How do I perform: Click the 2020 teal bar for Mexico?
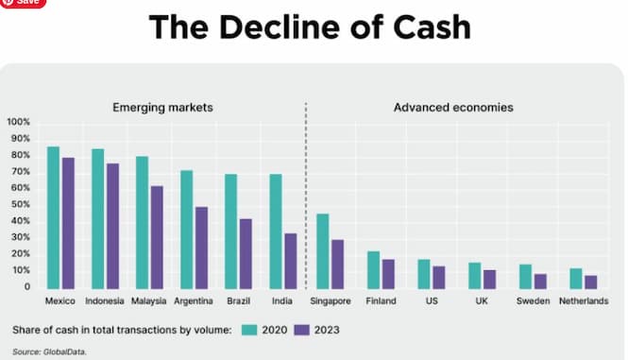(54, 217)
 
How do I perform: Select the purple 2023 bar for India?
(290, 261)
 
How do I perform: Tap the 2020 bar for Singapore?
(322, 251)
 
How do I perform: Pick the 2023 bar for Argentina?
(201, 248)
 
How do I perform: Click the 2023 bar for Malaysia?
(157, 237)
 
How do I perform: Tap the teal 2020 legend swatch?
(250, 330)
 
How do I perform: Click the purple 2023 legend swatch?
(301, 330)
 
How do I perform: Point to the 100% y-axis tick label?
(18, 122)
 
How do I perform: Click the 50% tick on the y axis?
(20, 204)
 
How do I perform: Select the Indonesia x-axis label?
(104, 301)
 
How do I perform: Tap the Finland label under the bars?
(381, 301)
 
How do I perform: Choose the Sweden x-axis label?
(533, 301)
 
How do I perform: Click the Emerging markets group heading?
(162, 107)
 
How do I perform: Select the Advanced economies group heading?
(453, 107)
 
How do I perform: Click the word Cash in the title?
(428, 27)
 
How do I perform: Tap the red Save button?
(23, 3)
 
